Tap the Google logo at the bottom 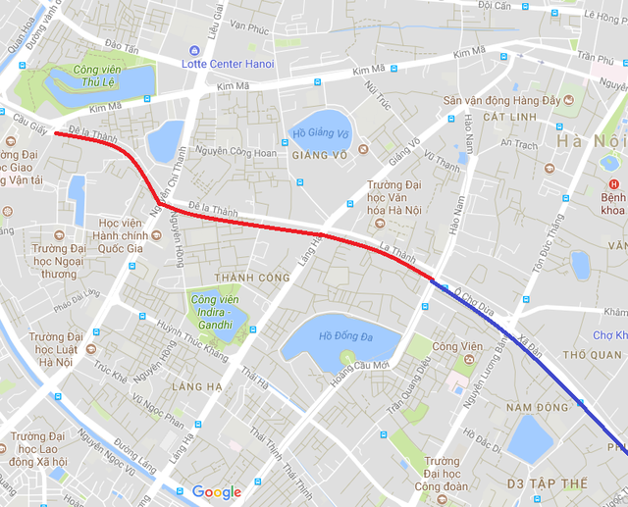coord(217,492)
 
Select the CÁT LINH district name coord(479,117)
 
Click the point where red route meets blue coord(432,280)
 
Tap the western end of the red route coord(56,133)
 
